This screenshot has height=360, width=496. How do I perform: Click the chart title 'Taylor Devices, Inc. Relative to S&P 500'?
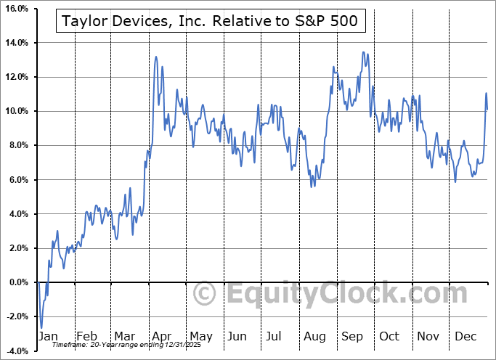210,22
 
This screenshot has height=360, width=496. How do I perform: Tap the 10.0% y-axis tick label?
17,111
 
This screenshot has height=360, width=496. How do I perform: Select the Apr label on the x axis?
163,336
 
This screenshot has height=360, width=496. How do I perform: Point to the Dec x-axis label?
465,336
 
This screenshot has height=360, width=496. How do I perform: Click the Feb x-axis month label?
86,336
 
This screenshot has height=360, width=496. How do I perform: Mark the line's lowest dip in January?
41,327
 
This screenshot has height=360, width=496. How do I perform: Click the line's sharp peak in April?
155,56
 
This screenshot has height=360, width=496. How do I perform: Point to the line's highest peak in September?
363,52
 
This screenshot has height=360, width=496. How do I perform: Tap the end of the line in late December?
487,109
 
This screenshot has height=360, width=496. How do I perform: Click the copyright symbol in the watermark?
206,294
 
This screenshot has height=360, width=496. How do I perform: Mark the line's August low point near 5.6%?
312,187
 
